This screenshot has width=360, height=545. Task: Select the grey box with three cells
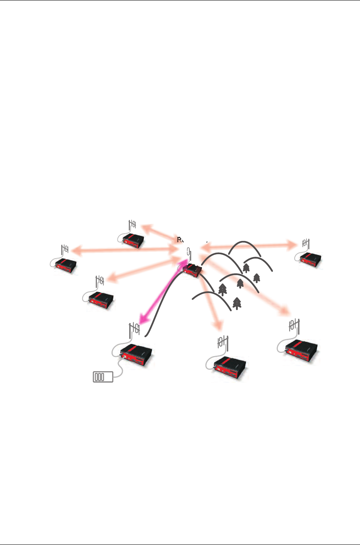tap(103, 377)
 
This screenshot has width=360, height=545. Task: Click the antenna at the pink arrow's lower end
tap(135, 329)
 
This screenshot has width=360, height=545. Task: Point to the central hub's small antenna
tap(189, 253)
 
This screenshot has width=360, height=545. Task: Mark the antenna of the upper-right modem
tap(306, 243)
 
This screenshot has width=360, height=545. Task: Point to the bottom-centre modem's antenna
tap(223, 342)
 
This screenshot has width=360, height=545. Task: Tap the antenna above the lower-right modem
tap(294, 325)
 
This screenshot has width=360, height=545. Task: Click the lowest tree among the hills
tap(237, 303)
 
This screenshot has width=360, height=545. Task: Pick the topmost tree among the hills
tap(246, 268)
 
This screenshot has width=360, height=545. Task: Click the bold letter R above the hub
tap(179, 240)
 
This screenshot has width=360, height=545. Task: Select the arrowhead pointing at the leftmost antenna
tap(75, 250)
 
